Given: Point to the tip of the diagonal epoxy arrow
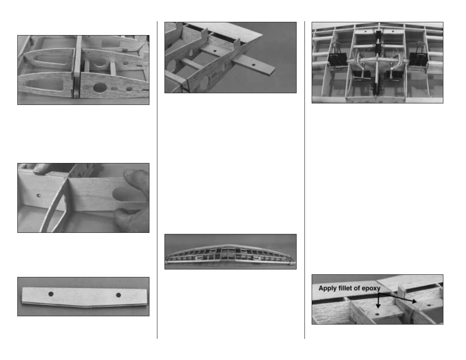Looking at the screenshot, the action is click(x=417, y=302).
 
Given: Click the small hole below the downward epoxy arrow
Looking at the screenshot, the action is click(x=377, y=315).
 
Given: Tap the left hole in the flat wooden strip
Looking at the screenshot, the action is click(x=51, y=294).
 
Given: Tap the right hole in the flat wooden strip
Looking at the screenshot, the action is click(x=118, y=295).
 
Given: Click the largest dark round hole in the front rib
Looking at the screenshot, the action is click(x=100, y=87).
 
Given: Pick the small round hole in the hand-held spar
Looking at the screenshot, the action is click(x=39, y=195).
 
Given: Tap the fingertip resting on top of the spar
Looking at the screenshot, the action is click(x=40, y=168).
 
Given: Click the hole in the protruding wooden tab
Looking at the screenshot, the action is click(x=254, y=65).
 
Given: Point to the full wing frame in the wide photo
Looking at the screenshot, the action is click(x=230, y=255).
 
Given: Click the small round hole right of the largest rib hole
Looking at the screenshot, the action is click(x=129, y=89).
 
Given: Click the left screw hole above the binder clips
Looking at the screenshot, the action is click(x=365, y=32).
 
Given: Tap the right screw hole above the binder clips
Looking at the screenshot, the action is click(x=393, y=32).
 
